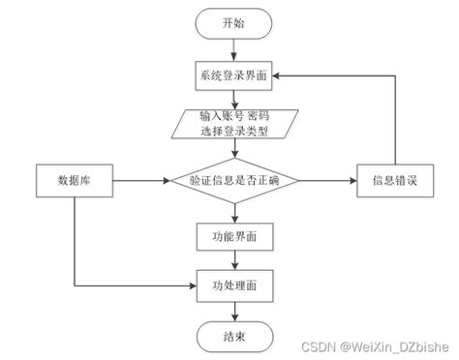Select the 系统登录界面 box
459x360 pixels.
click(234, 75)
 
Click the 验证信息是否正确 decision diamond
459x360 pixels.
click(234, 180)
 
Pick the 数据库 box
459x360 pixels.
click(75, 180)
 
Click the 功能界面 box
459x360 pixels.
click(234, 236)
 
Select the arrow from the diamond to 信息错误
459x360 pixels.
click(325, 180)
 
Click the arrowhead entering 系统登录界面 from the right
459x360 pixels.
click(282, 75)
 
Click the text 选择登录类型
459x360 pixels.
click(234, 131)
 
